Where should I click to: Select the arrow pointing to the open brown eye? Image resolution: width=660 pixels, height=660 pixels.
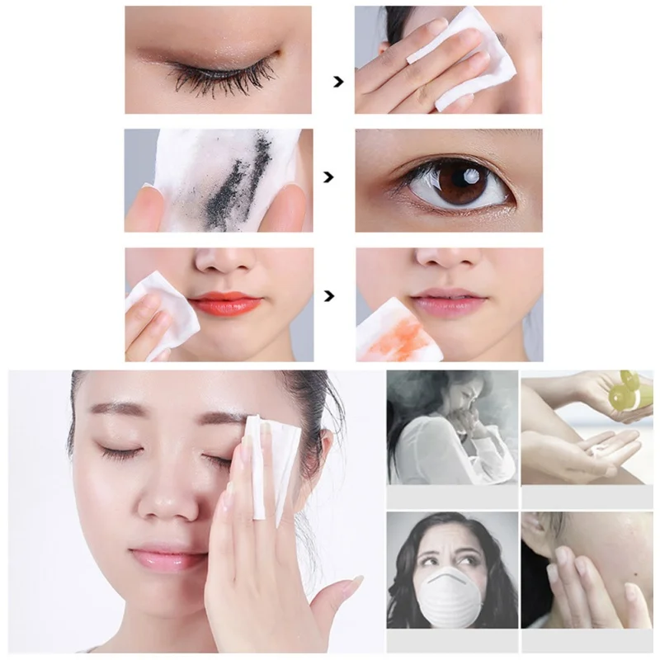[x=329, y=177]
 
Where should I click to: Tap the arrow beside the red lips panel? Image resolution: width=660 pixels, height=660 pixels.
[x=331, y=294]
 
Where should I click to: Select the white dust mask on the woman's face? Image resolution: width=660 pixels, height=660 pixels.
[x=450, y=598]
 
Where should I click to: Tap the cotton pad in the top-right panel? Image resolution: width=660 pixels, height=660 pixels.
[x=458, y=58]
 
